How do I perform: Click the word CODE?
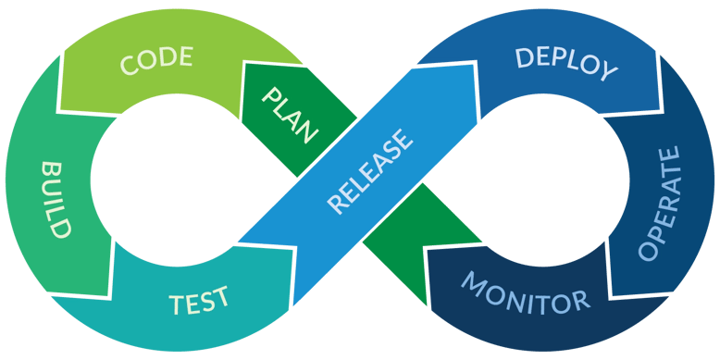(156, 60)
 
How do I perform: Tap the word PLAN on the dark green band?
(290, 114)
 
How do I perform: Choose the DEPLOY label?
(565, 62)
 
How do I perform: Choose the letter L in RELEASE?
(351, 183)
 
